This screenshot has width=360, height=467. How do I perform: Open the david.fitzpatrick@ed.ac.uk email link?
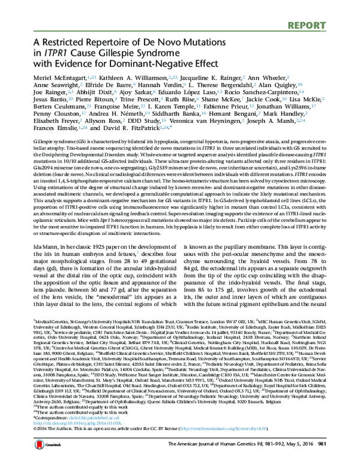[85, 438]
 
